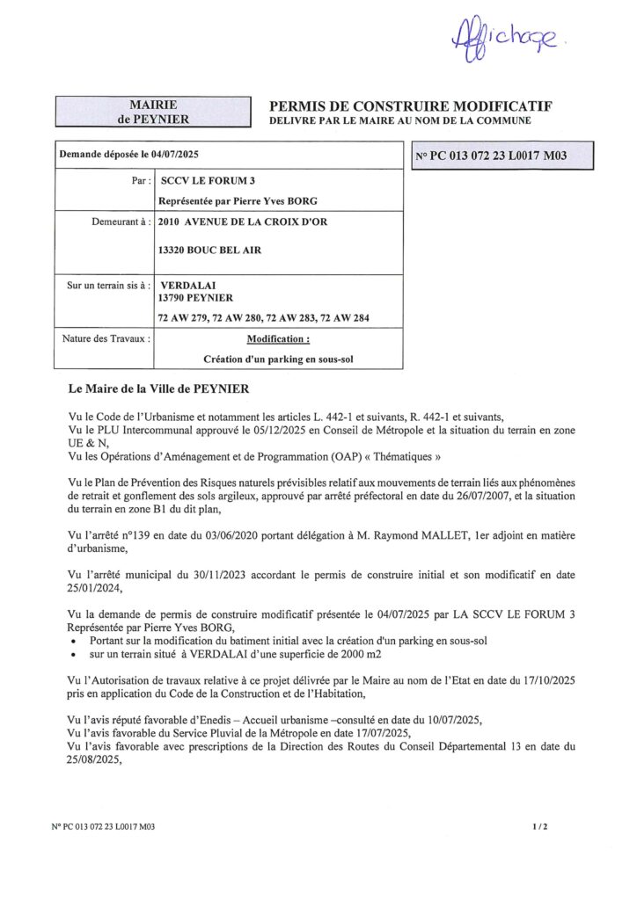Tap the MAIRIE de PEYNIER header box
pos(148,112)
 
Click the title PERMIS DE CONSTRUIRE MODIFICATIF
pos(410,105)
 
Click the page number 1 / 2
pos(540,827)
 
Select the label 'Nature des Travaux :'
pos(106,337)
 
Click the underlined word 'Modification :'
pos(278,338)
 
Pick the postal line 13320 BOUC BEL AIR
pos(209,250)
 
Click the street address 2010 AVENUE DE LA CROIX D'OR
pos(242,222)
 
